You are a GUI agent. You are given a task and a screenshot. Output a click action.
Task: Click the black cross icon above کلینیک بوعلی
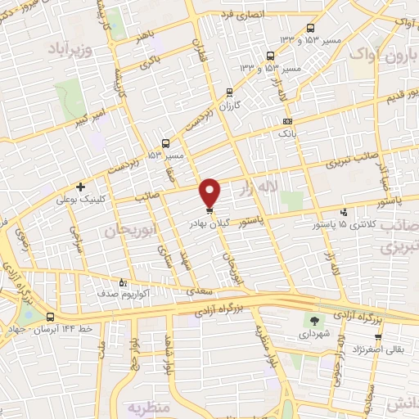point(80,187)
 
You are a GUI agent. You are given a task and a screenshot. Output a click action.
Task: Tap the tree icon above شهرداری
point(315,321)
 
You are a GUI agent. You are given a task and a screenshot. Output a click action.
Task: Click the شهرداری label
point(315,335)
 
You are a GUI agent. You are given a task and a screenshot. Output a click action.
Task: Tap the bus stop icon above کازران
point(230,92)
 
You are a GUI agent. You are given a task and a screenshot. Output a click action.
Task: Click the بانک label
point(286,131)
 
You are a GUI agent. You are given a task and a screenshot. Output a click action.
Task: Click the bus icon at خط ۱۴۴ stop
point(52,317)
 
